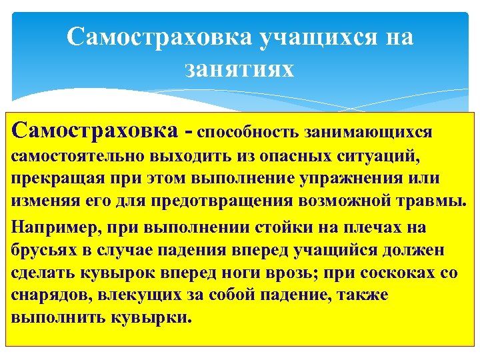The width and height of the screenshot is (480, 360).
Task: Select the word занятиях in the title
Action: click(x=240, y=67)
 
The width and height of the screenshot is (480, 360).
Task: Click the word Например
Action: click(x=54, y=226)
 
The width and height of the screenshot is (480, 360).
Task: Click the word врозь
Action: click(x=310, y=272)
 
